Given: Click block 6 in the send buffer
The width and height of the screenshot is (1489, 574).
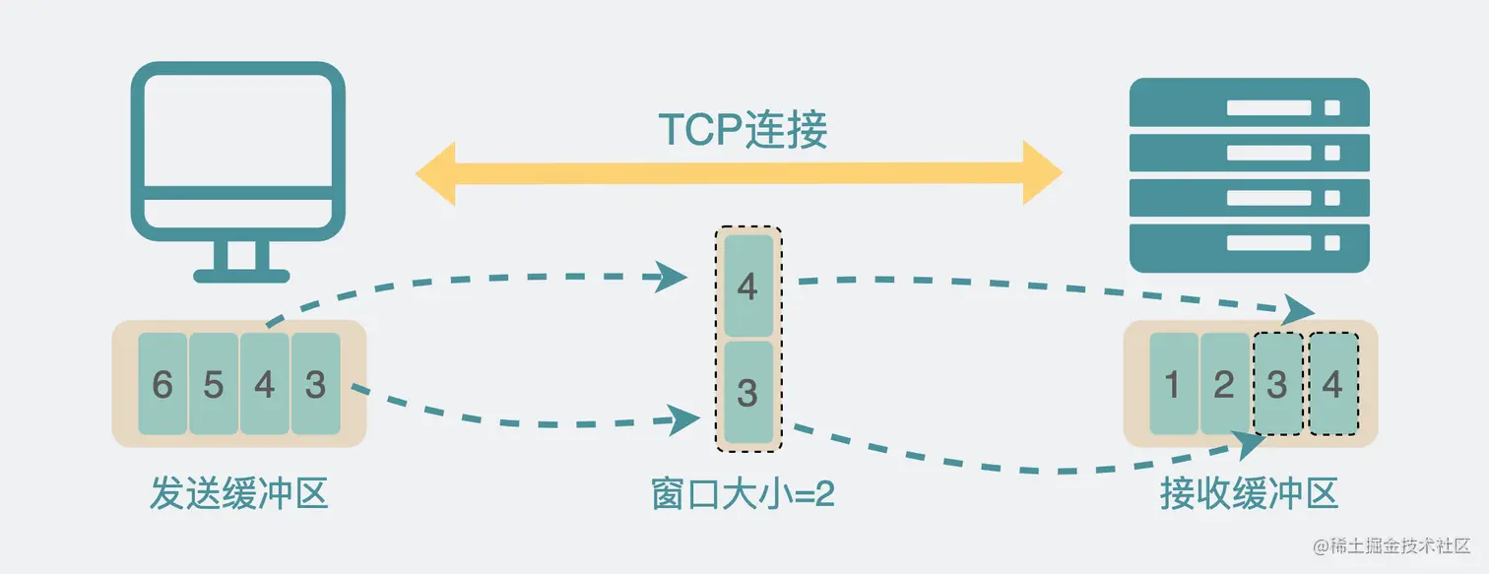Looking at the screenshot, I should point(162,384).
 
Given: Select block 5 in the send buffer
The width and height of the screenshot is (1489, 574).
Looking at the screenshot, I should point(214,384).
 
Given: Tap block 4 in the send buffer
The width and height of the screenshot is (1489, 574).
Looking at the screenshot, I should point(264,384).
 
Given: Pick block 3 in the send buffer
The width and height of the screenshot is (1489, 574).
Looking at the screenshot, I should point(315,384).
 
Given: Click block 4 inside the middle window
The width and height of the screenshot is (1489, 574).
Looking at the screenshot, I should point(747,287).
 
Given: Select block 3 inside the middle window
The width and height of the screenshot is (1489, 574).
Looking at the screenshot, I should point(747,392).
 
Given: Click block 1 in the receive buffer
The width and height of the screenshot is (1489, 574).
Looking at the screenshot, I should point(1173,384).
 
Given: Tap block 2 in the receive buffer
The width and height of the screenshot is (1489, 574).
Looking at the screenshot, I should point(1224,384).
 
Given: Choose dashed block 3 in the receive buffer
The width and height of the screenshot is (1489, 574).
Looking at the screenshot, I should point(1277,384).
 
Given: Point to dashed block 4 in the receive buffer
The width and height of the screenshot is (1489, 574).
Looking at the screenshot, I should point(1332,384).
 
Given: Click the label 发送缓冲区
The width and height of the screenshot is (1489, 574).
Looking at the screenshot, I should point(238,493).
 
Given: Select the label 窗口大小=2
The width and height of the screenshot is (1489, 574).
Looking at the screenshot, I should point(744,493).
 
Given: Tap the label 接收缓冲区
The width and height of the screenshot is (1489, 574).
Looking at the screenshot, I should point(1250,493).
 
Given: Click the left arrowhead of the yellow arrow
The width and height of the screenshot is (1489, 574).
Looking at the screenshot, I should point(436,173).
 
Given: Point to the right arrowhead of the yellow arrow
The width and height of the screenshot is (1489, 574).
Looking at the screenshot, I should point(1042,173).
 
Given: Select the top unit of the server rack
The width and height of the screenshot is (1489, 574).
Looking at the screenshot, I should point(1250,102).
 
